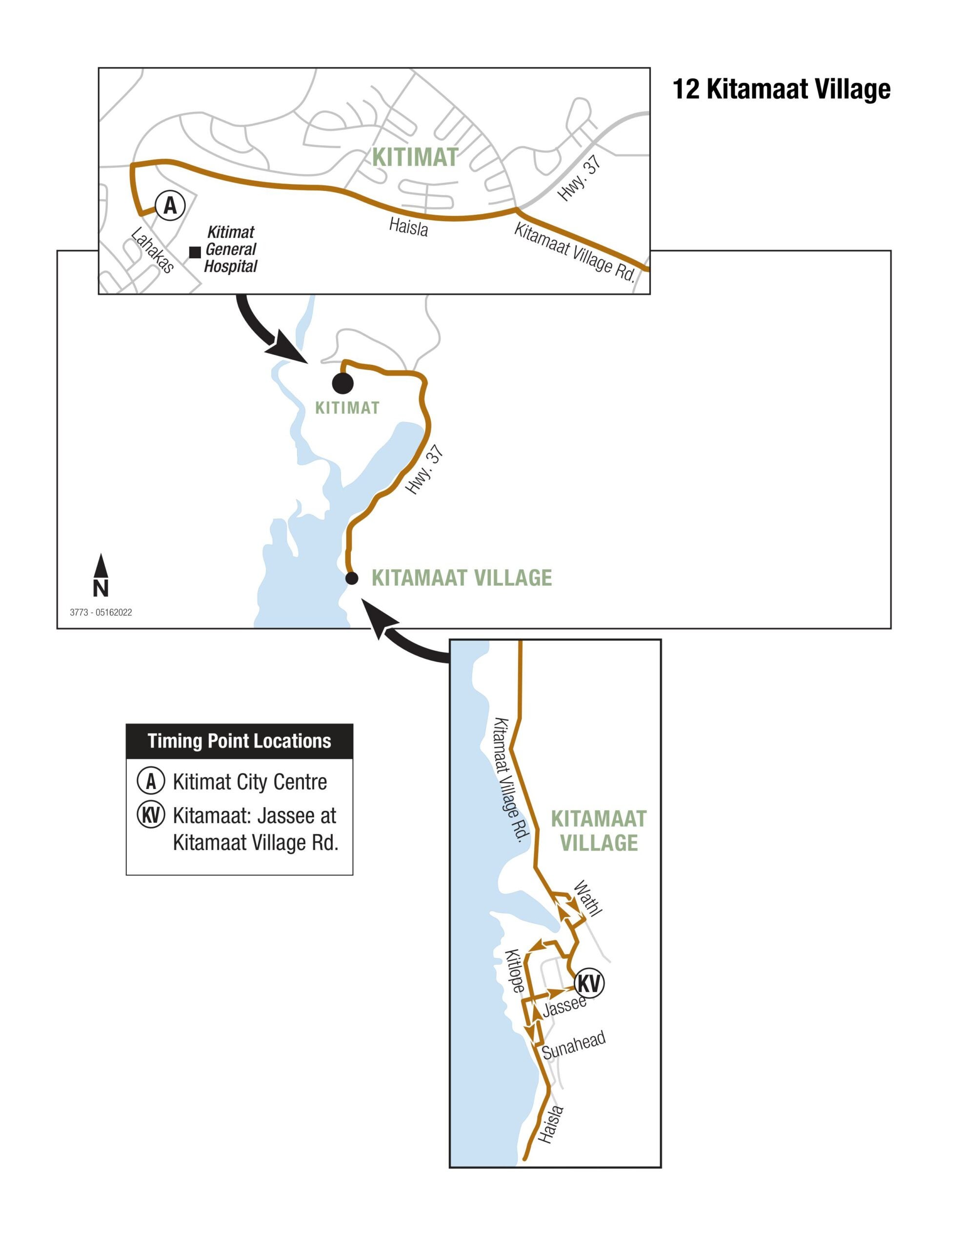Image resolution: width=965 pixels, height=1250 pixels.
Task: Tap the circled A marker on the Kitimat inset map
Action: (x=170, y=204)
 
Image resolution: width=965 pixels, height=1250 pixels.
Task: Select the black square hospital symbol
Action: (x=195, y=252)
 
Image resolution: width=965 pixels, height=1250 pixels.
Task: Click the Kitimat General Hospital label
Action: (x=231, y=250)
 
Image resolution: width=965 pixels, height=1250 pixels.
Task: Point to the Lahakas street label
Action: (x=152, y=250)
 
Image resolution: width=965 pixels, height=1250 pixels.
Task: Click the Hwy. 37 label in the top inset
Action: (x=580, y=179)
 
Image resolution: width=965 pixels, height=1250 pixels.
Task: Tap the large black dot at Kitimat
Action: (x=342, y=383)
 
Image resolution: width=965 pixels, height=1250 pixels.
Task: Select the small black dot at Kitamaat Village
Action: (x=352, y=578)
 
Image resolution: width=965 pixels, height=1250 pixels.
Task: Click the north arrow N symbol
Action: (x=101, y=576)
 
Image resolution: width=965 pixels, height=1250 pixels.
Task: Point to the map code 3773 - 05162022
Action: (x=101, y=612)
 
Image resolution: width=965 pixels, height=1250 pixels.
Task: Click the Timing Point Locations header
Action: (x=239, y=741)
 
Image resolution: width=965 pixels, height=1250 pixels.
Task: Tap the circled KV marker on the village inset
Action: (x=588, y=983)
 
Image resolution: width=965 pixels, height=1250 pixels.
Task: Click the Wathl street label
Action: (x=588, y=898)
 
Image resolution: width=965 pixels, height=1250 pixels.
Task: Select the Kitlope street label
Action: (x=514, y=971)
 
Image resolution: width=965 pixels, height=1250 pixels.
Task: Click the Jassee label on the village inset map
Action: (x=564, y=1005)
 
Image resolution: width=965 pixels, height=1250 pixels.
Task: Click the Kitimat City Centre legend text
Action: (x=250, y=782)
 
